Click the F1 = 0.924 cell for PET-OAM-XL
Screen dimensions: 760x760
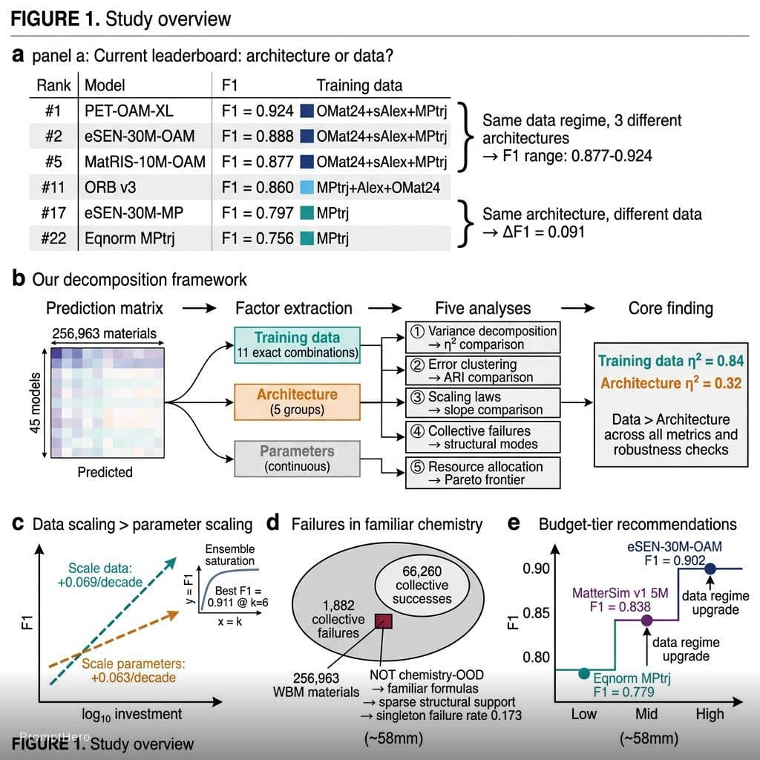(x=258, y=111)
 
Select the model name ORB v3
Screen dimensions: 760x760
(x=110, y=188)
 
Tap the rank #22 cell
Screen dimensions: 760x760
(x=53, y=238)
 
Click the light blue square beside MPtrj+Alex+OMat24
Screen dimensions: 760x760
(x=307, y=187)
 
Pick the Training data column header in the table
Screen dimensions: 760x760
(x=359, y=85)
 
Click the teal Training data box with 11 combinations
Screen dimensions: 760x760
(x=297, y=345)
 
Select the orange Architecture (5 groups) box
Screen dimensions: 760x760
(x=297, y=402)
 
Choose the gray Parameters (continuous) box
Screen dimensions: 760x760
(x=297, y=459)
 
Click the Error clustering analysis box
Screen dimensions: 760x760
(x=482, y=371)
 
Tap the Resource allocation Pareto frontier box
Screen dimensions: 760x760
(x=482, y=473)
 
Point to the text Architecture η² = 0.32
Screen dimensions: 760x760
(x=671, y=383)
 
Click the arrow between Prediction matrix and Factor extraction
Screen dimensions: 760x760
(x=199, y=308)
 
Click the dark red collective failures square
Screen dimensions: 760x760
(x=384, y=621)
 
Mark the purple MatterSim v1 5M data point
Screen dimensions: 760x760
(x=646, y=620)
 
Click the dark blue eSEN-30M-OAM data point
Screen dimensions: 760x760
(x=710, y=569)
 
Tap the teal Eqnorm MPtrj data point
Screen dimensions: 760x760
(x=584, y=673)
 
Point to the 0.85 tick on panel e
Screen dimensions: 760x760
(x=536, y=613)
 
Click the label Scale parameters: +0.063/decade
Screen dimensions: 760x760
(x=134, y=670)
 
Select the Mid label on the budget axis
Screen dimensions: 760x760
(x=646, y=714)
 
